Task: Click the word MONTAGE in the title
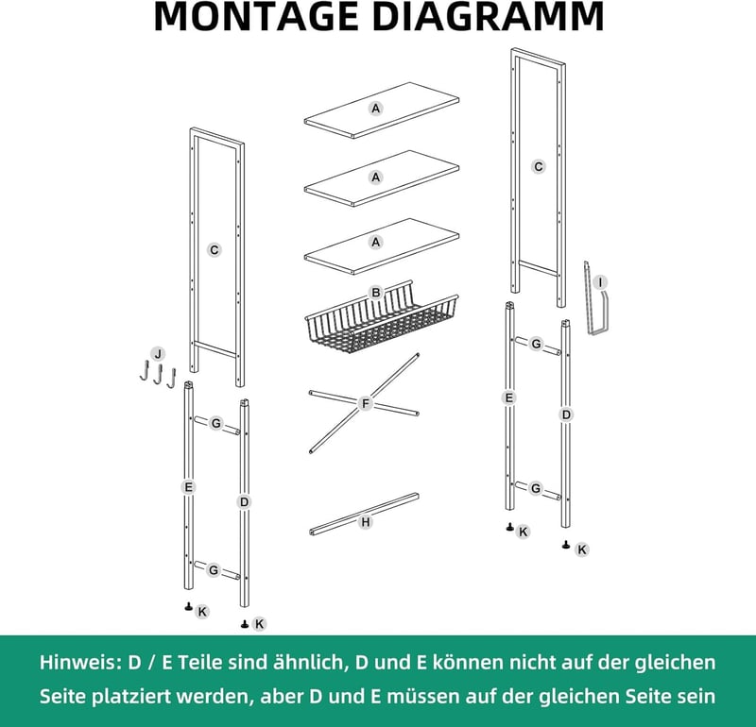[x=255, y=16]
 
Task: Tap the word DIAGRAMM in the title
[x=488, y=16]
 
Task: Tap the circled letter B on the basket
[x=375, y=293]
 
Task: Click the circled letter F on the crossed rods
[x=365, y=403]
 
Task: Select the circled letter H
[x=366, y=522]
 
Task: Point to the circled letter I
[x=600, y=282]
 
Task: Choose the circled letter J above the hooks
[x=158, y=354]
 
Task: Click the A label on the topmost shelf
[x=375, y=109]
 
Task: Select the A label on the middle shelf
[x=375, y=178]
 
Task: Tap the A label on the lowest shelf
[x=375, y=242]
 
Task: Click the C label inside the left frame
[x=215, y=250]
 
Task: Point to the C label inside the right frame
[x=538, y=167]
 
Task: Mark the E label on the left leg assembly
[x=188, y=487]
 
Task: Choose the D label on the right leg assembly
[x=566, y=414]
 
